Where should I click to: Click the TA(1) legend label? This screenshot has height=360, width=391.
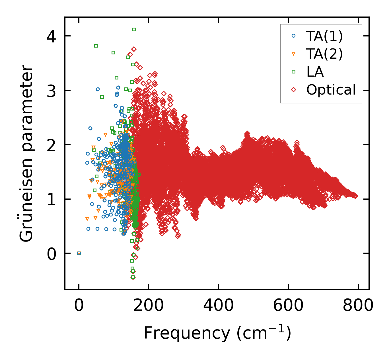point(324,36)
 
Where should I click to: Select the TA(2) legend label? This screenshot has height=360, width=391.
point(324,54)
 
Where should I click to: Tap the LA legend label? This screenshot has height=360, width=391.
point(315,72)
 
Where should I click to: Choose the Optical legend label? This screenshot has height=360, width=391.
point(331,90)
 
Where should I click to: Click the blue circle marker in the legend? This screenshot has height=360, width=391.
point(294,36)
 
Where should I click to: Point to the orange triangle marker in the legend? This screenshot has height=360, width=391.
point(294,54)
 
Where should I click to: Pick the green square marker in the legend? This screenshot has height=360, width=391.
point(294,71)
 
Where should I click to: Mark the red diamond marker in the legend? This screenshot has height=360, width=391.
point(294,89)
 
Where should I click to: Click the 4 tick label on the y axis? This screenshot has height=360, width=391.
point(51,36)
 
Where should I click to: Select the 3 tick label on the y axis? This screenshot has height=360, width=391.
point(51,90)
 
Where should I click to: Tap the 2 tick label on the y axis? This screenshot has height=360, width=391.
point(51,145)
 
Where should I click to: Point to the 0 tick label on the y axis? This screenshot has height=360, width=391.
point(51,253)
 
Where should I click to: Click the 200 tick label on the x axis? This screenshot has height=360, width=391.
point(149,306)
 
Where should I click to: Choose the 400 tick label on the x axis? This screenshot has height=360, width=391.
point(218,306)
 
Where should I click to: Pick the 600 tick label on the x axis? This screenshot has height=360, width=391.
point(288,306)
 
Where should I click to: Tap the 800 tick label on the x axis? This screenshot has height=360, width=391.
point(358,306)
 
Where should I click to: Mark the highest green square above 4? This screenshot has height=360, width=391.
point(134,29)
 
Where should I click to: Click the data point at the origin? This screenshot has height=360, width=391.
point(79,253)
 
